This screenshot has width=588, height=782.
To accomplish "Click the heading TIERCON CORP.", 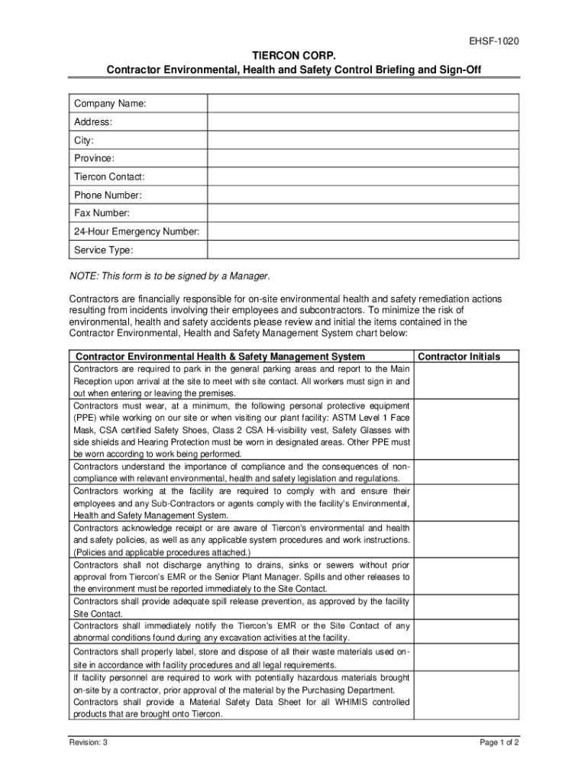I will pyautogui.click(x=294, y=55).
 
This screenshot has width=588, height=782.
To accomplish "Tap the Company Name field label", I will pyautogui.click(x=110, y=103).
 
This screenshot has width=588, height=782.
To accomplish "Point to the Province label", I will pyautogui.click(x=94, y=158).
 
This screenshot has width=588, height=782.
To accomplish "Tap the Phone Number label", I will pyautogui.click(x=108, y=195).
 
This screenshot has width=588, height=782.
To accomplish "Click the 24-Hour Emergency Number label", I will pyautogui.click(x=137, y=231).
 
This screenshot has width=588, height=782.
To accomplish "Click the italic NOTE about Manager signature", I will pyautogui.click(x=170, y=275).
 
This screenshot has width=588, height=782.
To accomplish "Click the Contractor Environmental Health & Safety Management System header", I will pyautogui.click(x=221, y=357).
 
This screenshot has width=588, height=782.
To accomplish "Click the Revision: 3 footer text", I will pyautogui.click(x=88, y=742).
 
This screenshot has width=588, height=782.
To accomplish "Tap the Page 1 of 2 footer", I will pyautogui.click(x=499, y=742).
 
